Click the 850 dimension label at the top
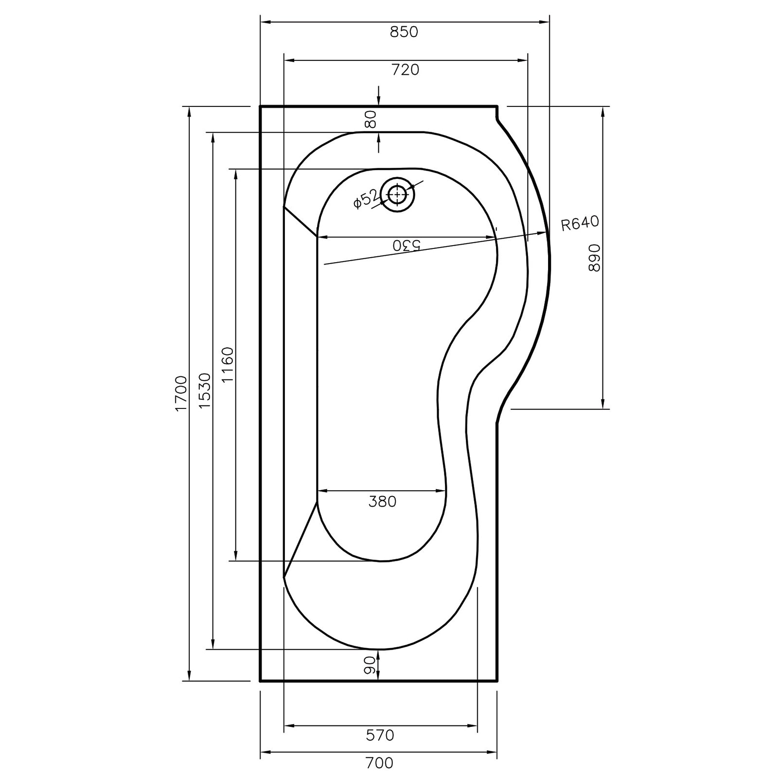point(404,32)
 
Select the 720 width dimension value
point(405,70)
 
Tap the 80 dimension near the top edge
point(371,119)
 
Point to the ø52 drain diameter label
point(365,198)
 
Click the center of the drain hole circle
point(398,194)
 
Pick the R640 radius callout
point(579,224)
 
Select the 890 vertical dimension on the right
point(594,258)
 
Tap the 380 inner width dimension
point(382,501)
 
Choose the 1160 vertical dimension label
point(228,365)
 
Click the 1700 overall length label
point(181,393)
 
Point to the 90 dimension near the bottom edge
point(370,665)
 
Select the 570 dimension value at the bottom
point(380,735)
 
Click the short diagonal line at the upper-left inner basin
point(300,222)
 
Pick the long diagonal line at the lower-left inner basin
point(301,540)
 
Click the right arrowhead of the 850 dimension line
point(546,22)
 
